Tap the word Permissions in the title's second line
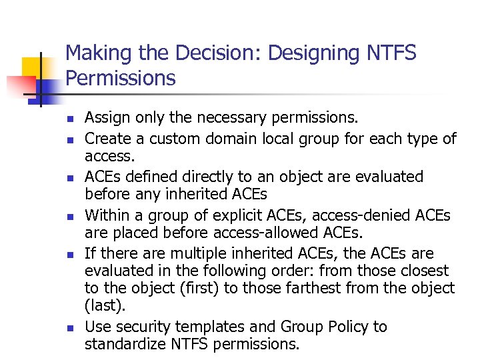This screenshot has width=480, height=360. (121, 78)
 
